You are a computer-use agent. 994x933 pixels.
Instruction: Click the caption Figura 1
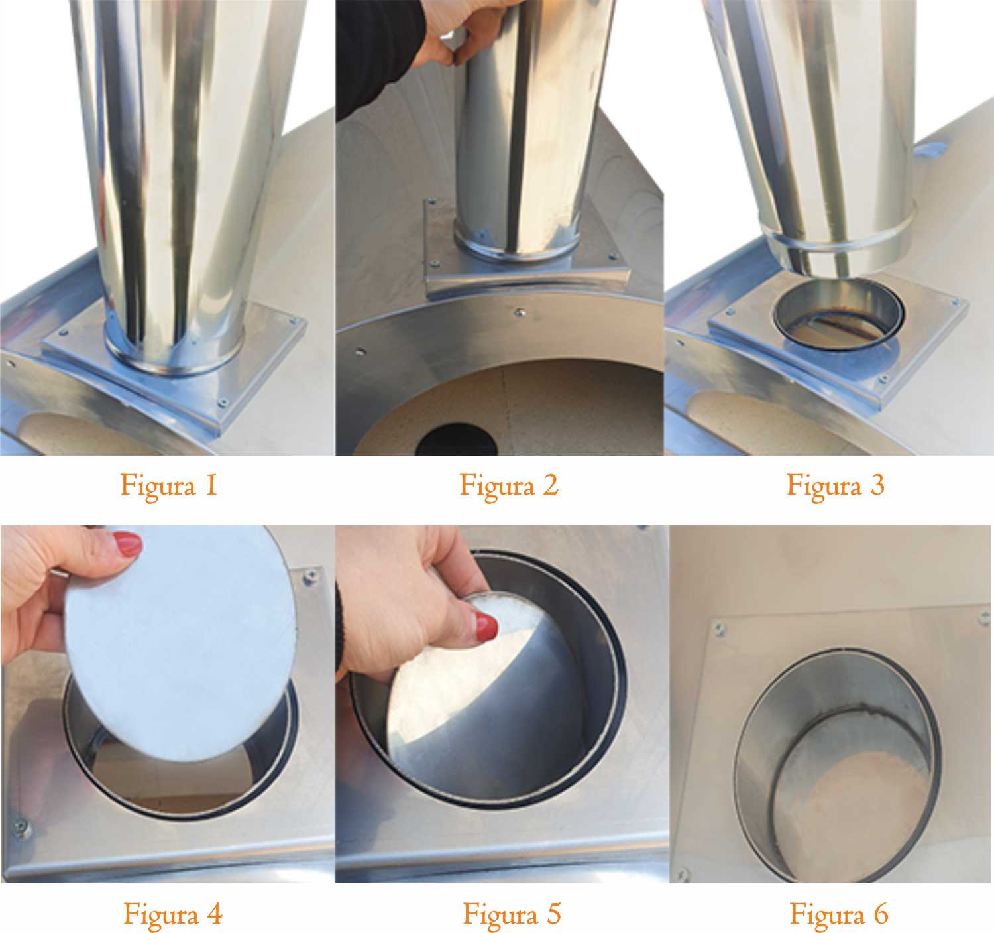(169, 486)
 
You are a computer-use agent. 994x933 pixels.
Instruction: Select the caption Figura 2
(508, 486)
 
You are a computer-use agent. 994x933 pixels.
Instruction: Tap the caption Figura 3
(836, 486)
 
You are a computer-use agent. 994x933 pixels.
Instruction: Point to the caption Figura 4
(173, 914)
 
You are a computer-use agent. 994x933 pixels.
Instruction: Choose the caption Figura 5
(512, 914)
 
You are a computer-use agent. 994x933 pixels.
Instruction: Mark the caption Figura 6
(839, 914)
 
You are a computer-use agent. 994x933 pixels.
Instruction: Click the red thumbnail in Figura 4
(128, 544)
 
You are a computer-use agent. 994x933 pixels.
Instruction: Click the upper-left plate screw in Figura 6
(718, 628)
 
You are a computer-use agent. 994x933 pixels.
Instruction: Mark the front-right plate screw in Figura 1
(223, 401)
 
